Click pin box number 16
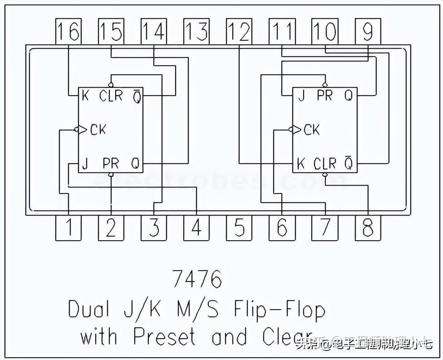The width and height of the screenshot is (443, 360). (x=68, y=32)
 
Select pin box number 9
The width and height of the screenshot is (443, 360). (x=368, y=32)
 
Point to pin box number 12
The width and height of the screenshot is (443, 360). (x=239, y=32)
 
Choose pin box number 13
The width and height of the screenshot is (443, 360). (x=197, y=32)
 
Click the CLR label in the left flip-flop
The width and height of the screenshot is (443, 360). (x=111, y=96)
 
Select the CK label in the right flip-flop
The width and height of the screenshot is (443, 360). (x=311, y=130)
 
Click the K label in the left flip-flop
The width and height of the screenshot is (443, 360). (x=85, y=96)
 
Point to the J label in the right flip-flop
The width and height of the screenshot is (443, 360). (x=300, y=96)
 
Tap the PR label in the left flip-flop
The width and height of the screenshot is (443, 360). (x=110, y=163)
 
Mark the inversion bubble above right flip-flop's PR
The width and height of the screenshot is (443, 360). (x=324, y=85)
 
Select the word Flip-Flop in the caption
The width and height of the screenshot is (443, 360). (x=280, y=310)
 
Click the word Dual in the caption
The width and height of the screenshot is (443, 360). (x=89, y=310)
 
